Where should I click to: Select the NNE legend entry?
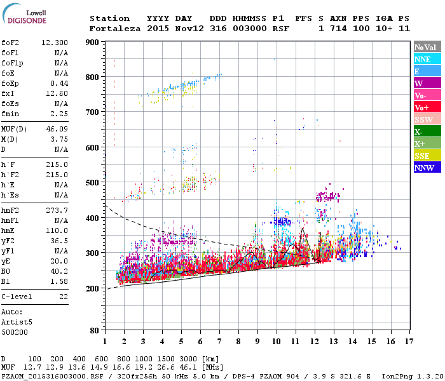(422, 59)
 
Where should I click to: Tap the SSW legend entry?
(423, 119)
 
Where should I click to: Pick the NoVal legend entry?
(425, 47)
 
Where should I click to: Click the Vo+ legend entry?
(421, 107)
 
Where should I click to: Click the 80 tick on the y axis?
(95, 331)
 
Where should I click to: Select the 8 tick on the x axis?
(238, 341)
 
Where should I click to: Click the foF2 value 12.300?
(55, 43)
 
